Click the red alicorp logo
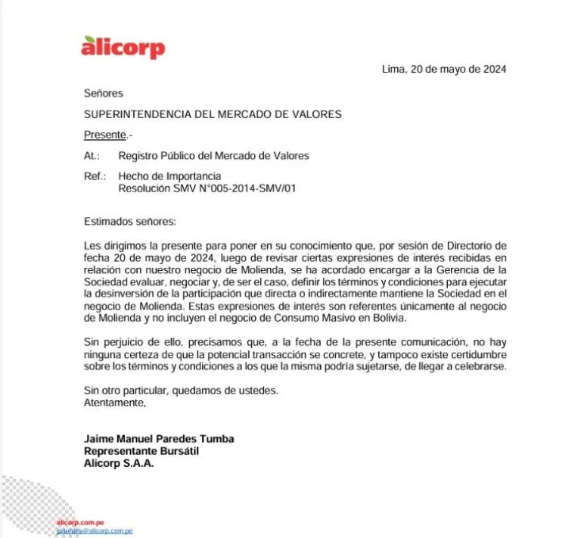123,47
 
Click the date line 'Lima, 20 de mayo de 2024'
444,69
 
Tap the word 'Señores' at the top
104,93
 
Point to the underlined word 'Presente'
104,135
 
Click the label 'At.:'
92,156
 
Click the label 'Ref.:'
95,176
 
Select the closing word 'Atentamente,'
114,403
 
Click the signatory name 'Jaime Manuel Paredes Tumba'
159,439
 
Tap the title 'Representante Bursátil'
141,451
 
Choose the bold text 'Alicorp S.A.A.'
119,463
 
